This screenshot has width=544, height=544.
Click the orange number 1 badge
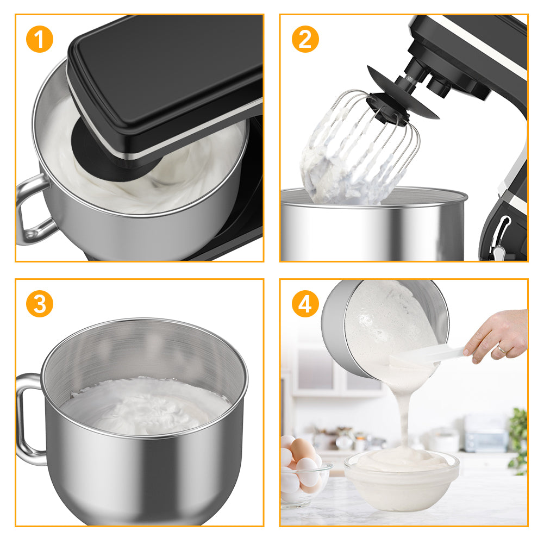click(40, 39)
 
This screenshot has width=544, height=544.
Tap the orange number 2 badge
click(305, 39)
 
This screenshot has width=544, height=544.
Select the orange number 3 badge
click(40, 304)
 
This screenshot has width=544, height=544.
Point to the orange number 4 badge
click(305, 304)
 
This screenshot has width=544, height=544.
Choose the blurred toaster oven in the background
click(485, 433)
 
